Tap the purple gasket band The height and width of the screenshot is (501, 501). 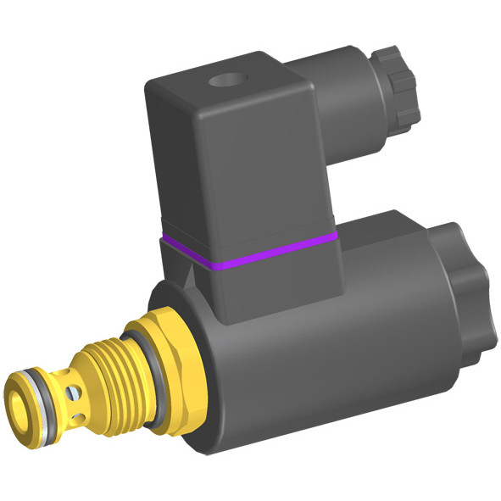(x=254, y=249)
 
